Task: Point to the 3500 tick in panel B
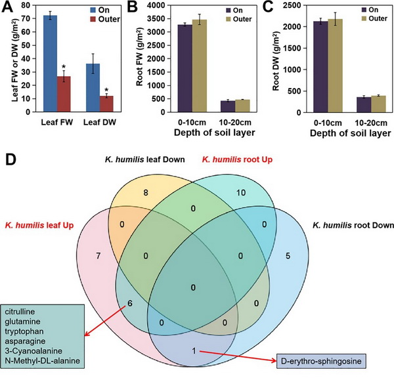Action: point(153,22)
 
